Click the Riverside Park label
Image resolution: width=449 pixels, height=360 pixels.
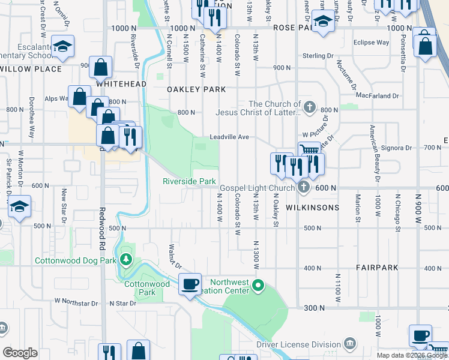(189, 181)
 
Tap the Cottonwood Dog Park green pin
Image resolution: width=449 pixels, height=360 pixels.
(125, 259)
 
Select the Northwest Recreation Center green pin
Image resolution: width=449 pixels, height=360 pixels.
(258, 285)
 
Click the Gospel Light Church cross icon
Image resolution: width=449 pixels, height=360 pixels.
(304, 187)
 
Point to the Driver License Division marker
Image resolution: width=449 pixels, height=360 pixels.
(350, 344)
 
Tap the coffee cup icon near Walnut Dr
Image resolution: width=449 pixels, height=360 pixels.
(190, 284)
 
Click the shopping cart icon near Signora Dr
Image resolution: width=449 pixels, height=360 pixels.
(309, 151)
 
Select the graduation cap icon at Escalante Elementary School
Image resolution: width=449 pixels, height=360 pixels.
(62, 46)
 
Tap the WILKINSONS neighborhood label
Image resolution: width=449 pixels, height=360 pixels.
(304, 208)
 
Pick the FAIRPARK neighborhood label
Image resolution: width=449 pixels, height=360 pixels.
(374, 268)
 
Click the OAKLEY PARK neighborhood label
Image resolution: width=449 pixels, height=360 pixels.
(196, 89)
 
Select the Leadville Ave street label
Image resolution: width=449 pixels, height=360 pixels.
(229, 137)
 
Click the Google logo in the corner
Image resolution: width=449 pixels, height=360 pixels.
(20, 353)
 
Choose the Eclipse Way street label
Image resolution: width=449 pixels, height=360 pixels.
(371, 43)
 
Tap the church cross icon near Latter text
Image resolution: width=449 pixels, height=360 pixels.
(309, 108)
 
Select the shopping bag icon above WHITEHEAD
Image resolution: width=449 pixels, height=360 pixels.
(101, 67)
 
